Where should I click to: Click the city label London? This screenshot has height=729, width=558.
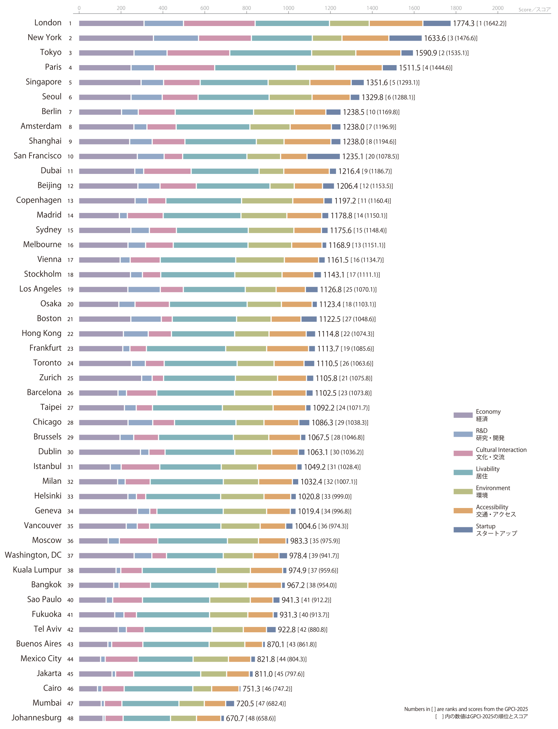(48, 23)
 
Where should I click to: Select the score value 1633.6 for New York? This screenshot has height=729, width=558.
(434, 38)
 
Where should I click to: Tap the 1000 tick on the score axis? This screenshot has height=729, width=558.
(288, 8)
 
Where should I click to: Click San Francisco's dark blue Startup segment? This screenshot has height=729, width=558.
(324, 157)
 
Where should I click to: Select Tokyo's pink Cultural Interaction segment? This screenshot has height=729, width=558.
(198, 53)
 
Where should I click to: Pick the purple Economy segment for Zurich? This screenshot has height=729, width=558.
(110, 378)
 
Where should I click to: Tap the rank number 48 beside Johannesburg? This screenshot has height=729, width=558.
(70, 718)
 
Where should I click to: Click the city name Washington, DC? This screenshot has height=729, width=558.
(33, 555)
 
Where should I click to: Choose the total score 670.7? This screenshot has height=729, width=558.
(234, 718)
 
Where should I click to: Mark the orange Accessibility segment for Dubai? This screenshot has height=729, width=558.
(306, 171)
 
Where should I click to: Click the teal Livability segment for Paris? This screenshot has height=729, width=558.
(255, 68)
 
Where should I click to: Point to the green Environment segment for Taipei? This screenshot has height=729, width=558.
(247, 408)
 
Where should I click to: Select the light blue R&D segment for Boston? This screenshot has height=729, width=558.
(146, 319)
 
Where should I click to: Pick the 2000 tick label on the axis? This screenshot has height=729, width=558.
(498, 8)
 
